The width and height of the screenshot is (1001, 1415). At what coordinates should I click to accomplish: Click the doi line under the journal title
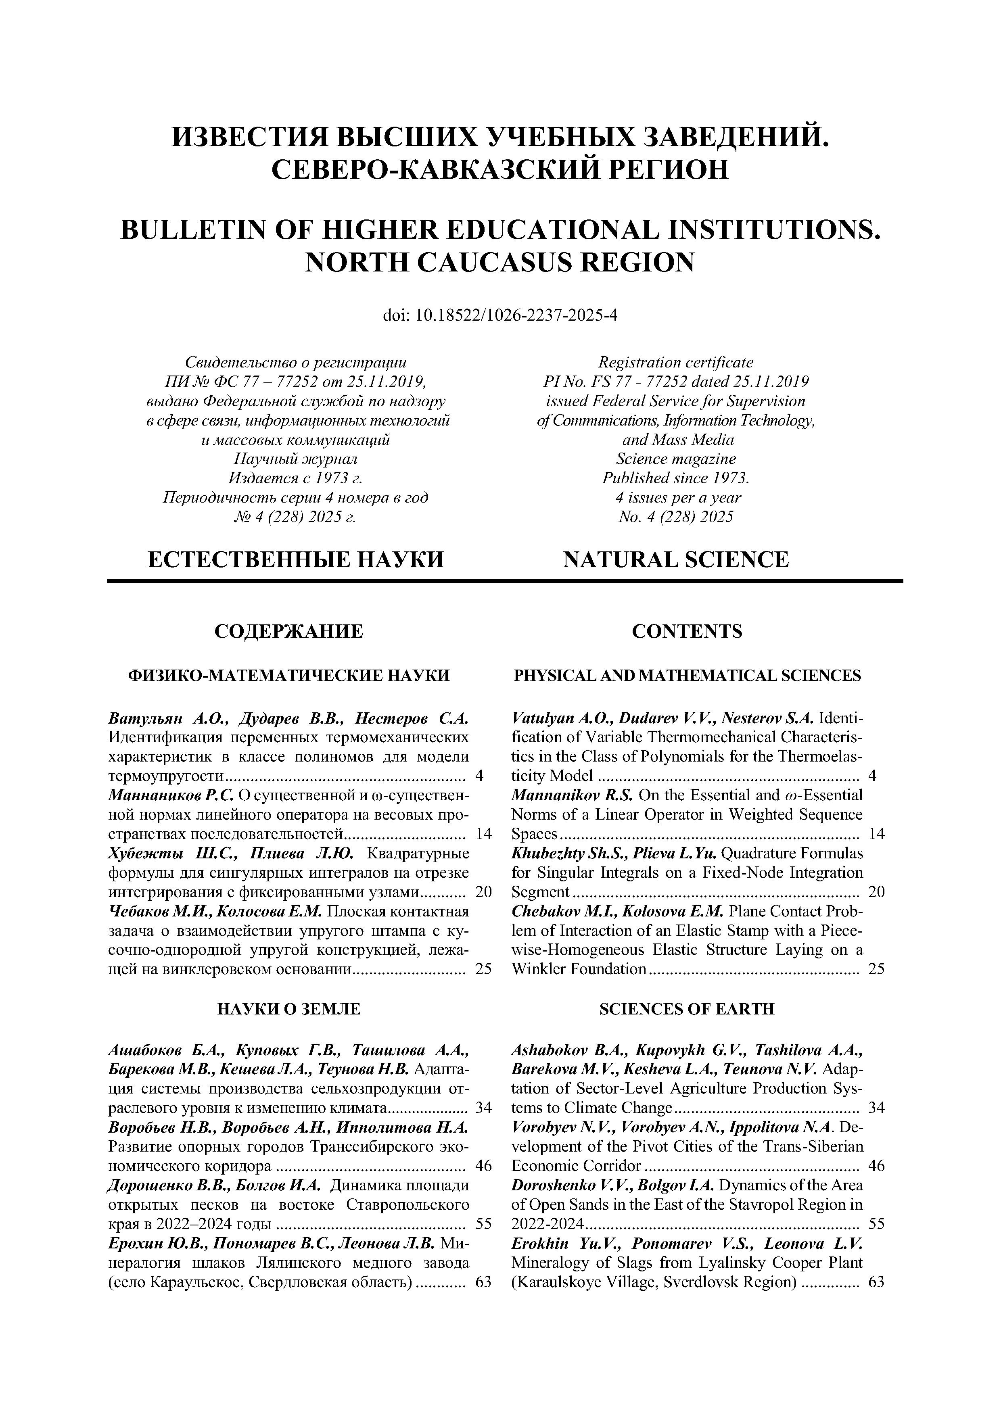(500, 315)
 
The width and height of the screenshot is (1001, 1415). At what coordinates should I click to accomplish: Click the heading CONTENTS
(687, 631)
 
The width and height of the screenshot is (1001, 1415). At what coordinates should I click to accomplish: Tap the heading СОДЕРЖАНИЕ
(288, 631)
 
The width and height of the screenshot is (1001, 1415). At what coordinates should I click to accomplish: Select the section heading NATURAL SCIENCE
(675, 559)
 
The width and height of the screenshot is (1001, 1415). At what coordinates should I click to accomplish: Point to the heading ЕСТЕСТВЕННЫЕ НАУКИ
(296, 559)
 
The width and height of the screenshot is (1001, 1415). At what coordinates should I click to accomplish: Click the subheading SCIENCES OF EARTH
(687, 1009)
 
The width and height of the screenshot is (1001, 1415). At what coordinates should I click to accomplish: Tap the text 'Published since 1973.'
(675, 478)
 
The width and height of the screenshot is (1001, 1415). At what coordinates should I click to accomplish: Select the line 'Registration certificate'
(675, 362)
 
